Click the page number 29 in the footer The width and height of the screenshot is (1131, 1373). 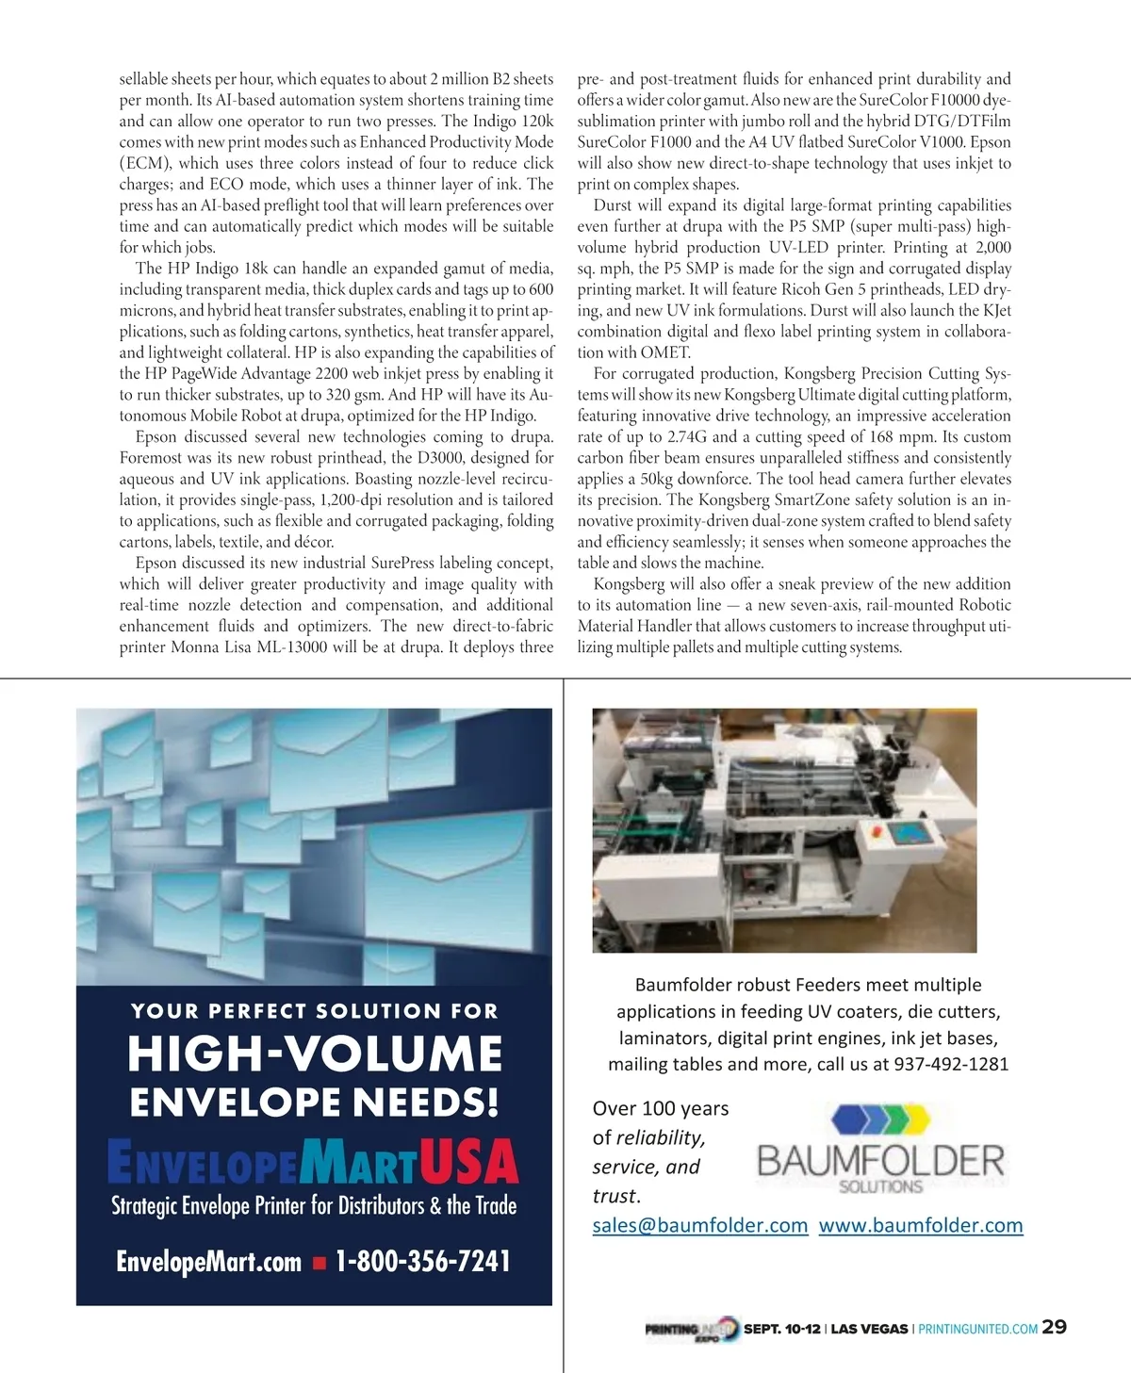pos(1055,1327)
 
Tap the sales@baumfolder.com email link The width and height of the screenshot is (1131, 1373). pos(699,1225)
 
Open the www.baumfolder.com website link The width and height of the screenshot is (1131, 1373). pos(920,1225)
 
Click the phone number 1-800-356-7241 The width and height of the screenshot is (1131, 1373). pos(423,1261)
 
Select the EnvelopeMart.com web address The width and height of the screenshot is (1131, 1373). pos(208,1262)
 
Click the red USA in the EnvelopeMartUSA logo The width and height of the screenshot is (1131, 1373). pos(468,1162)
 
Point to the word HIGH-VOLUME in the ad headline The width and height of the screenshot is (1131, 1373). pos(315,1054)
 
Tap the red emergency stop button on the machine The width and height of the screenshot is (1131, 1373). pos(871,830)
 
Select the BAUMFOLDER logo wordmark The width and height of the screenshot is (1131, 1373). pos(880,1161)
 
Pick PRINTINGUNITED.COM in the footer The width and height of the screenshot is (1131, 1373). pos(977,1329)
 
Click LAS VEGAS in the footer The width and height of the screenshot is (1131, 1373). pos(869,1329)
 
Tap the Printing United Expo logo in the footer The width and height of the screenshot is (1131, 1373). pos(691,1329)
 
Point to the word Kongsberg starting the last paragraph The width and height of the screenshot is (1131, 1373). pos(629,584)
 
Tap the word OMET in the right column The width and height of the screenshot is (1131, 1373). pos(665,352)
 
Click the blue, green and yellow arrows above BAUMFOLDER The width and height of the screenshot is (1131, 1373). pos(880,1119)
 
